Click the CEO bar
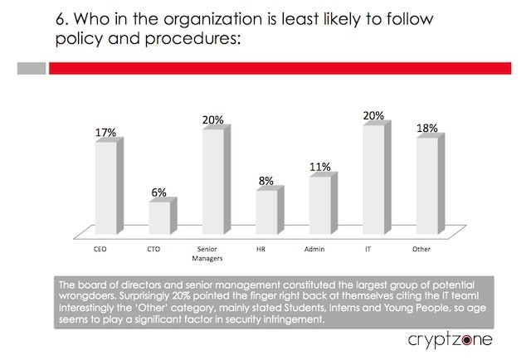105,189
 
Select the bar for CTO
158,218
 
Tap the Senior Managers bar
212,182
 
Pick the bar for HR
266,213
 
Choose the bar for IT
373,180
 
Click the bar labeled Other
426,187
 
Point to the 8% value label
266,180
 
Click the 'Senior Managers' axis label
212,253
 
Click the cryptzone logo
450,340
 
